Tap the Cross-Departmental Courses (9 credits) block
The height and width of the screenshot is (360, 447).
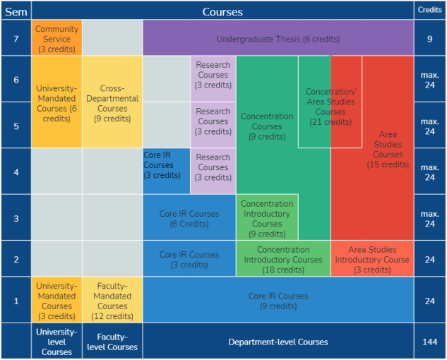pos(112,103)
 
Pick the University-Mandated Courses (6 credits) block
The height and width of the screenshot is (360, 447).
pos(56,103)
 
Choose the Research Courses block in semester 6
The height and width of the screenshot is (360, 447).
pos(213,75)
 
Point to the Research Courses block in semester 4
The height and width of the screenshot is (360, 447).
pos(213,167)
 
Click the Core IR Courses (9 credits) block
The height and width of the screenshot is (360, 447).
pos(278,301)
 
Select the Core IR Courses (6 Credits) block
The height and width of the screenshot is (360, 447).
pos(189,218)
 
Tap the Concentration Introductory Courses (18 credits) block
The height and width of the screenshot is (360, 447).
pos(283,259)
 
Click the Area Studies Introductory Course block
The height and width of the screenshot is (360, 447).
pos(372,259)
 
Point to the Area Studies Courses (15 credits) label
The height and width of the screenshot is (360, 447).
pos(388,149)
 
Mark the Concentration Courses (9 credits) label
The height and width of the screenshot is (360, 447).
pos(267,126)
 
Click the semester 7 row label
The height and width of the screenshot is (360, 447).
pos(16,38)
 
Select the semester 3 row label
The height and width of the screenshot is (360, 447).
pos(16,218)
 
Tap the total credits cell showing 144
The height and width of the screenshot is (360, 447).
pos(429,342)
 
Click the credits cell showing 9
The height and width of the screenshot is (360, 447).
pos(429,40)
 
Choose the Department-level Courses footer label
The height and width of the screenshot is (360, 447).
pos(278,342)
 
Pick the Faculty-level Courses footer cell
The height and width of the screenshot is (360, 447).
pos(112,342)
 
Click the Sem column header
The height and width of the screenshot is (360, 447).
pos(16,11)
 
